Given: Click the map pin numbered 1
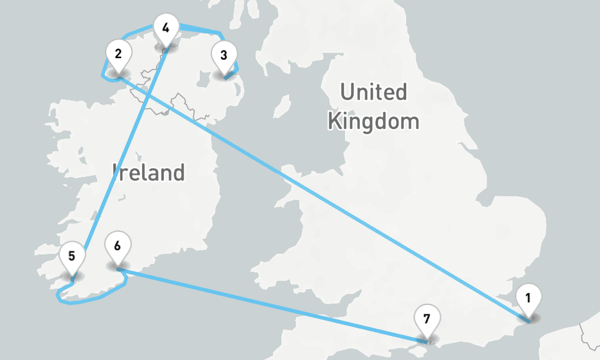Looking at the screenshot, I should click(x=528, y=299).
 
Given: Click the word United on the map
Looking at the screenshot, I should click(x=373, y=92).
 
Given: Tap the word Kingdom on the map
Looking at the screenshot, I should click(x=373, y=121).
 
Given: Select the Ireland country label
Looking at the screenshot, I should click(x=148, y=173).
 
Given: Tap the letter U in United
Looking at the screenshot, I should click(x=349, y=92).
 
